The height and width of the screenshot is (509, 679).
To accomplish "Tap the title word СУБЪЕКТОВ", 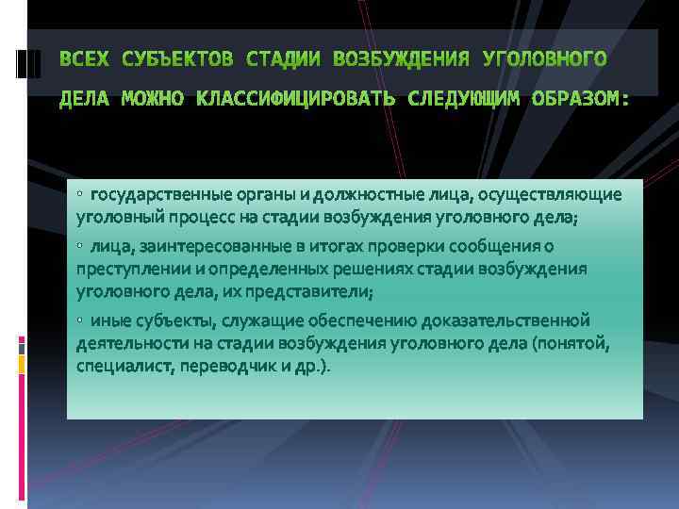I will tap(178, 60).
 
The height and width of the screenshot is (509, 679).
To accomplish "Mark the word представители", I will tap(310, 291).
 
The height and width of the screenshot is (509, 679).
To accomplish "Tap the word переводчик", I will tap(217, 366).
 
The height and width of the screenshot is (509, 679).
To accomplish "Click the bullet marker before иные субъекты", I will tap(81, 320).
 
